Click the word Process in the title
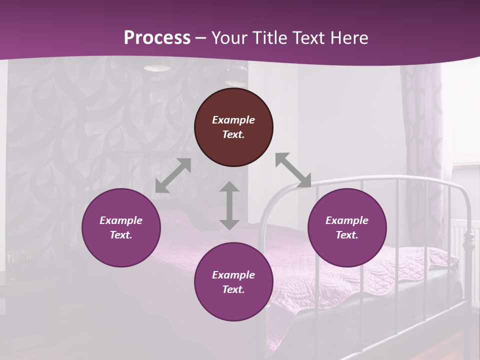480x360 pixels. pyautogui.click(x=157, y=38)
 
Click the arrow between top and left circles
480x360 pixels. pyautogui.click(x=173, y=175)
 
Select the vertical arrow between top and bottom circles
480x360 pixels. pyautogui.click(x=229, y=206)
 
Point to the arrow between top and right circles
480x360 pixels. pyautogui.click(x=293, y=170)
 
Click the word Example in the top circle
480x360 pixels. pyautogui.click(x=233, y=120)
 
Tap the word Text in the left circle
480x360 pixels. pyautogui.click(x=121, y=235)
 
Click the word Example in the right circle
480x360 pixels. pyautogui.click(x=347, y=220)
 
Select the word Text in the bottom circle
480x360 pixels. pyautogui.click(x=233, y=289)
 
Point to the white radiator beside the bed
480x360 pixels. pyautogui.click(x=462, y=235)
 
